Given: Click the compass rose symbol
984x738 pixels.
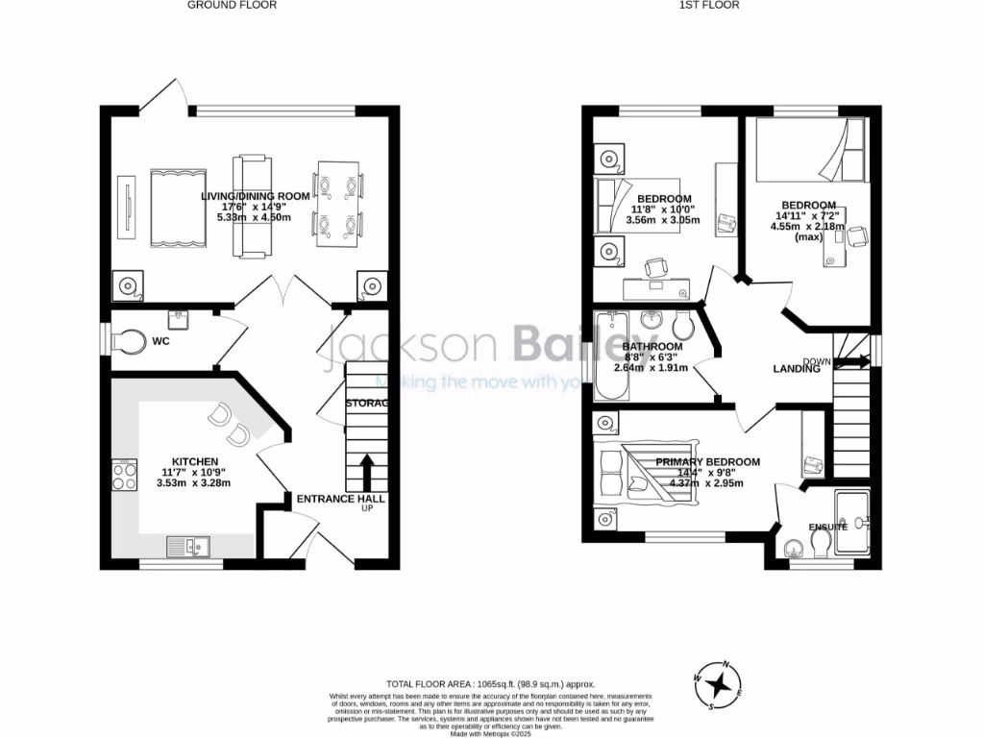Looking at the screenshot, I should coord(718,684).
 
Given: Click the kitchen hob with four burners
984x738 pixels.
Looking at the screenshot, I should coord(125,476).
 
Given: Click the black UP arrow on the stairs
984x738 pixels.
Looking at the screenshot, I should coord(366,472).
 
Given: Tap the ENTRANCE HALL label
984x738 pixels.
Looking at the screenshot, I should coord(340,499).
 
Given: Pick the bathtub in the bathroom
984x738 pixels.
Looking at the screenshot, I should coord(609,357).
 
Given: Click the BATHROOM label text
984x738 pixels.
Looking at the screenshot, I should coord(652,347).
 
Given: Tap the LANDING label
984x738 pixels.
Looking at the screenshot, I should coord(797,368).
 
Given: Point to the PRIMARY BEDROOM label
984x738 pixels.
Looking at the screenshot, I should coord(707,462).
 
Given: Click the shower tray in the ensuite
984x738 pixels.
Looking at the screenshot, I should coord(853,524).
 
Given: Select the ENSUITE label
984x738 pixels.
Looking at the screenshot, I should coord(827,528).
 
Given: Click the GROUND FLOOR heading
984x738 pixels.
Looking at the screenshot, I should coord(232,5).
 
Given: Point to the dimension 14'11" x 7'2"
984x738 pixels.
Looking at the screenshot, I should coord(808,216).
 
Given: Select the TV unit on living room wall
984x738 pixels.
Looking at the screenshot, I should coord(123,208).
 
